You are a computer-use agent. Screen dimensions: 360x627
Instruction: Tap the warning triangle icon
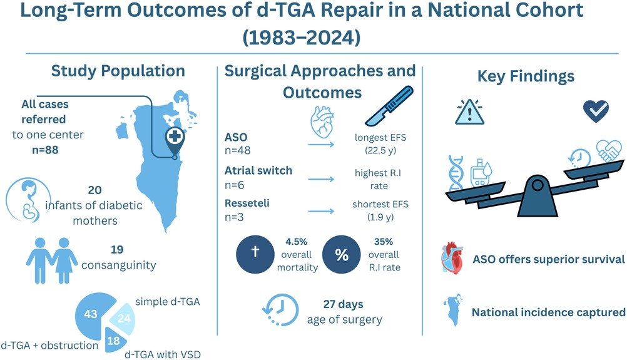click(x=468, y=111)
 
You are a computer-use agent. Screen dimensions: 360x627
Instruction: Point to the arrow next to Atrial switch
click(x=320, y=178)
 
